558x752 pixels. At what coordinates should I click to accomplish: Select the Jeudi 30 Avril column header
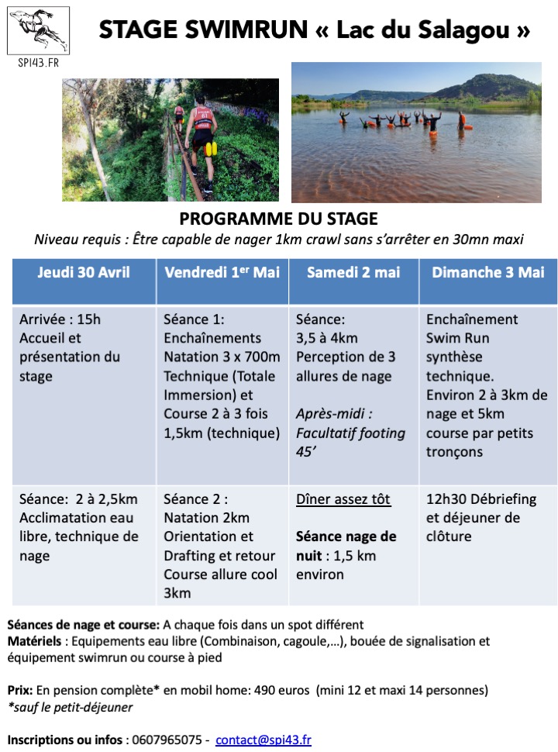tap(84, 272)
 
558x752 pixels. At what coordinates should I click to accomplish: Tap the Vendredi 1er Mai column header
tap(222, 272)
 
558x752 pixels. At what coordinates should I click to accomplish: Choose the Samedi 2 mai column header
tap(353, 272)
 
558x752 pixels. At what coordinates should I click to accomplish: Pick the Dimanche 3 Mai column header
tap(488, 272)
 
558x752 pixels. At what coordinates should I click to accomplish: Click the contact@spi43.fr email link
tap(263, 740)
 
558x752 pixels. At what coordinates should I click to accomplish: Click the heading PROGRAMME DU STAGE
tap(278, 219)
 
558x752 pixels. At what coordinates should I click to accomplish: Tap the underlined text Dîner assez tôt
tap(343, 499)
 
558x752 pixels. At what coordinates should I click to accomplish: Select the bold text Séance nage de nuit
tap(346, 546)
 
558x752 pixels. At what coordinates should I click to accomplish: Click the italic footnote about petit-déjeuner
tap(71, 706)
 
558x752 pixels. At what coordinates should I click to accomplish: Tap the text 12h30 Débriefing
tap(473, 499)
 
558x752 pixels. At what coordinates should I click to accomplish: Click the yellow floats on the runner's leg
tap(211, 148)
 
